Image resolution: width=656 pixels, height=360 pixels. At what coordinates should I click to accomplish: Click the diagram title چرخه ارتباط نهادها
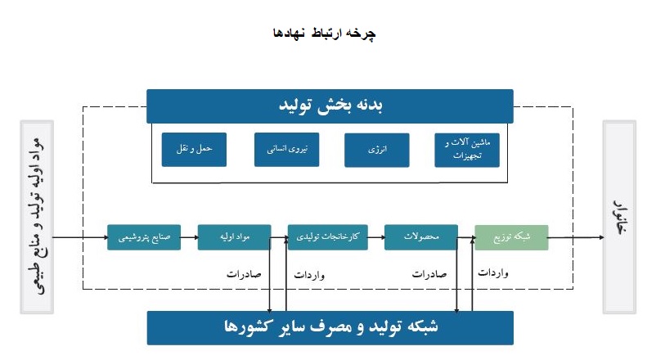pos(325,33)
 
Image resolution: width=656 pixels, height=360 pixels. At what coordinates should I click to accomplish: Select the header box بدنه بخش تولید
pos(330,106)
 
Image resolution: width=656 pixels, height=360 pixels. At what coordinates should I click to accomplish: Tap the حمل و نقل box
pos(194,150)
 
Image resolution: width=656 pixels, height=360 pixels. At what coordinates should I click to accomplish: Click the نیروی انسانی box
pos(286,150)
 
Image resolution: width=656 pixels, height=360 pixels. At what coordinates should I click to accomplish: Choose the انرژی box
pos(377,150)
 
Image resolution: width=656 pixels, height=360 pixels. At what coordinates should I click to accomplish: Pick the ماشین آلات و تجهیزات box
pos(467,150)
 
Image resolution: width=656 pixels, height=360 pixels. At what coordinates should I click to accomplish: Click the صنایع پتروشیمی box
pos(144,237)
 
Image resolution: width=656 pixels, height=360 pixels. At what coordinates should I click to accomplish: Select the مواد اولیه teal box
pos(234,237)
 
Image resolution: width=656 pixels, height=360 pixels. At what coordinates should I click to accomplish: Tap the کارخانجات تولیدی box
pos(327,237)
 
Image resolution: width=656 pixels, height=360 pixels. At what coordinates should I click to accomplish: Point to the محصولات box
pos(421,237)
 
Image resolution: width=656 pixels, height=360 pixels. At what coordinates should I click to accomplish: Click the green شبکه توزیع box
pos(511,237)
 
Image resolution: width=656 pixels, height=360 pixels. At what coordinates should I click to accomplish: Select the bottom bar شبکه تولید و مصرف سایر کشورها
pos(330,328)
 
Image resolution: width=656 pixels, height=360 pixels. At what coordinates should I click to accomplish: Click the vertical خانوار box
pos(620,217)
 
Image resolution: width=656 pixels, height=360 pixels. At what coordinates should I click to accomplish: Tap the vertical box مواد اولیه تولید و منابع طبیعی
pos(37,217)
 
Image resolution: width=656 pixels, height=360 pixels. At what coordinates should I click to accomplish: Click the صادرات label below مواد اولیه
pos(244,274)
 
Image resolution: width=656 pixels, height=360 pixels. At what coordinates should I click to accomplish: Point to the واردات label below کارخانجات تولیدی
pos(309,275)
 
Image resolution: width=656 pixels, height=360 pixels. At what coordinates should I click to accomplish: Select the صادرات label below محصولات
pos(429,274)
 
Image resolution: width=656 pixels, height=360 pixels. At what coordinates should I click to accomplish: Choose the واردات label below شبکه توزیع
pos(493,273)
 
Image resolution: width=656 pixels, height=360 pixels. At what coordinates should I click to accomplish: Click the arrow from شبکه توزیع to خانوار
pos(576,237)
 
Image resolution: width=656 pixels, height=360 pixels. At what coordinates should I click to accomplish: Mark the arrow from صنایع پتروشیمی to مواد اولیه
pos(190,237)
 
